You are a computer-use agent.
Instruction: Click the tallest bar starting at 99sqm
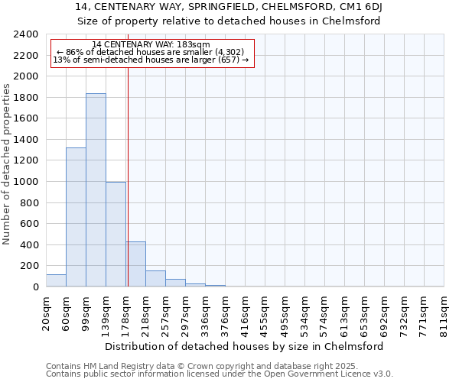[96, 190]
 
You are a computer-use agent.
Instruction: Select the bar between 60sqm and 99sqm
[76, 217]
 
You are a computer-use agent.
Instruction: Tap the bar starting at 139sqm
[116, 235]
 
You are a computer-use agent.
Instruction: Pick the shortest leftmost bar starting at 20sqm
[56, 280]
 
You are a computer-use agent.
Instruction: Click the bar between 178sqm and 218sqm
[135, 264]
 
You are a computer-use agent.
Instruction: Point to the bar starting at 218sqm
[155, 279]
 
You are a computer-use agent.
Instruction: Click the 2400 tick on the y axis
[26, 34]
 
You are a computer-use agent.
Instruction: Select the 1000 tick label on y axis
[26, 182]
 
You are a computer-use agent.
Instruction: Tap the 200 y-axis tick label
[29, 266]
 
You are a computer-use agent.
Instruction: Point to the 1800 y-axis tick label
[26, 98]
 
